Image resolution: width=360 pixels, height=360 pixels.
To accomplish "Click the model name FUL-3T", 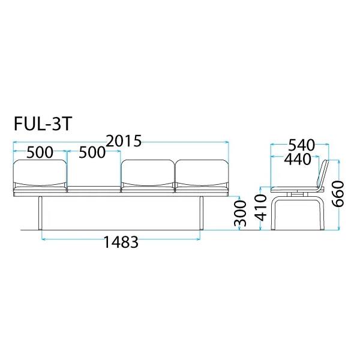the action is [43, 124].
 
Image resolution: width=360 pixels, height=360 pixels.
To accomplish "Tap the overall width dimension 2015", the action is [124, 141].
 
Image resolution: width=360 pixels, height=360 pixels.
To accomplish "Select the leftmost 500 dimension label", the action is [40, 152].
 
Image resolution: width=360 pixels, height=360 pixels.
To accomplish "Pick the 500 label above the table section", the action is [92, 152].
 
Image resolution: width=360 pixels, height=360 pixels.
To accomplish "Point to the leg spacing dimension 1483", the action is [121, 242].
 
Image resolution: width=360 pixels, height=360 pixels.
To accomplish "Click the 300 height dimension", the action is [240, 213].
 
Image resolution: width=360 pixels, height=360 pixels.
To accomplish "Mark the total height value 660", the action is [338, 194].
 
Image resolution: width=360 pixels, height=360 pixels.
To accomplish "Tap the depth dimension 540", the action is [302, 145].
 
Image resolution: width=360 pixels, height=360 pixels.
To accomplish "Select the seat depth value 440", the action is [298, 160].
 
